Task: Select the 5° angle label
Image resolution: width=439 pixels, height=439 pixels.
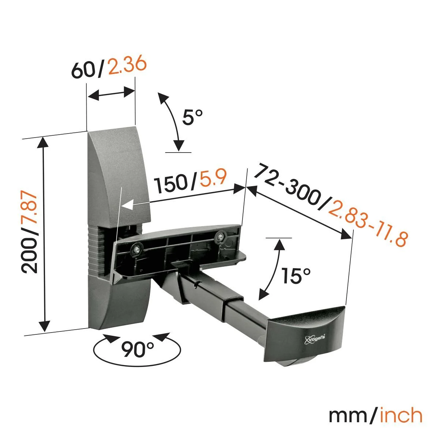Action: pyautogui.click(x=192, y=117)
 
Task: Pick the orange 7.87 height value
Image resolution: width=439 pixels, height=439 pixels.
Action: pyautogui.click(x=29, y=212)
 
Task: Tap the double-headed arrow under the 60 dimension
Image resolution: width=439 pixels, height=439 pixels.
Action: pyautogui.click(x=111, y=94)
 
